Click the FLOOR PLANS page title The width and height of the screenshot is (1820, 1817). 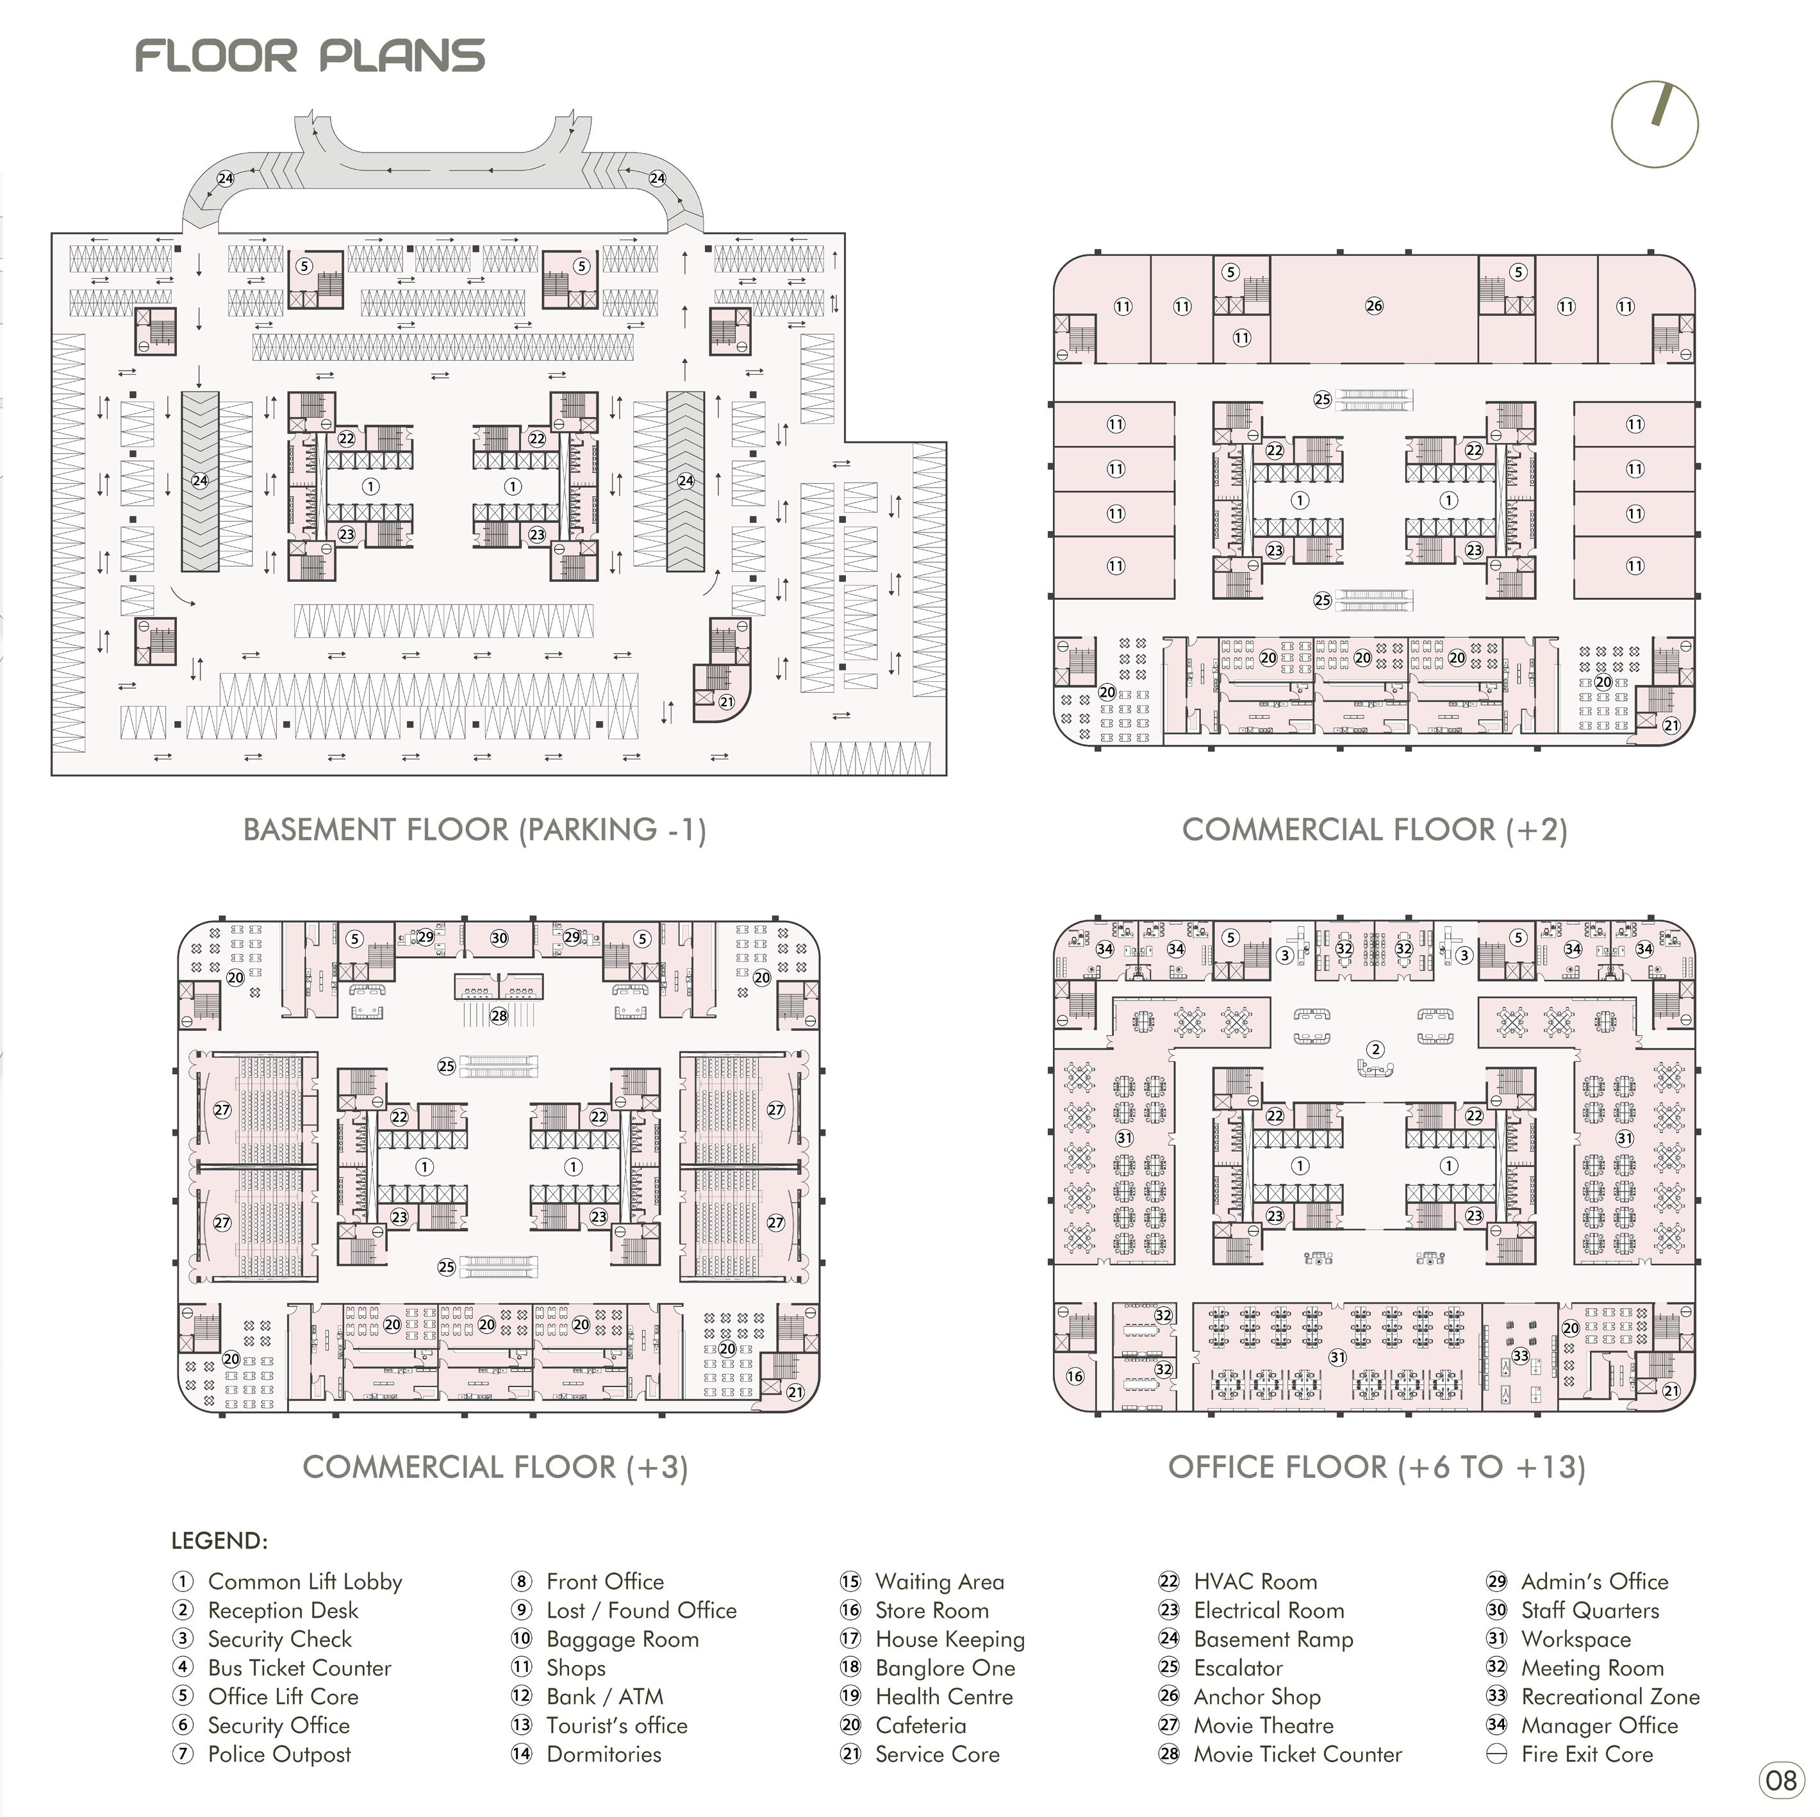pos(310,56)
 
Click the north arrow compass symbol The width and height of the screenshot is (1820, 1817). pos(1654,125)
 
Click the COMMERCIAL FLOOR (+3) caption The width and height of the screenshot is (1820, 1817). pos(495,1466)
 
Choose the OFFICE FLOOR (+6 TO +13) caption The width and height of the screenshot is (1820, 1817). pos(1377,1466)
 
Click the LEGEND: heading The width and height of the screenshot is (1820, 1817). pos(220,1540)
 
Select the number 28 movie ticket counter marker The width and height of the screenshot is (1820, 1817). pos(499,1015)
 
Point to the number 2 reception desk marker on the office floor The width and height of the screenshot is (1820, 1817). pos(1375,1049)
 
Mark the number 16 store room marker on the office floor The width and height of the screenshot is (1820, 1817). pos(1075,1376)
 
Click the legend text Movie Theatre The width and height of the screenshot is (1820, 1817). pos(1263,1725)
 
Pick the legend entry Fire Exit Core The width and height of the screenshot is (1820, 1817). pos(1586,1754)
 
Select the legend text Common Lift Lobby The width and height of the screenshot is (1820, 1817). pos(304,1582)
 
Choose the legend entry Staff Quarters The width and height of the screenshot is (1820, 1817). pos(1589,1610)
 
